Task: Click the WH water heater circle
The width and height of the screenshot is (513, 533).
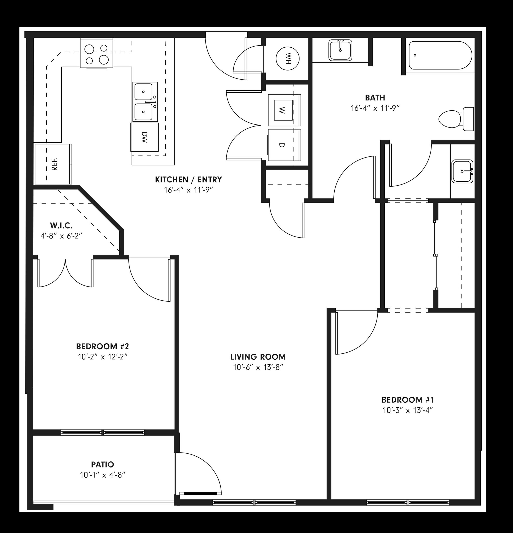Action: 287,59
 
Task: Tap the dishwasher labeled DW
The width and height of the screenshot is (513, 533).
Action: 145,137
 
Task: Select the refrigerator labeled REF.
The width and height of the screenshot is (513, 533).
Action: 54,164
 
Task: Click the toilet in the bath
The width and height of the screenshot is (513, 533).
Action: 456,119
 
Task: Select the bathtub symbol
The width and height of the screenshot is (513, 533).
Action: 440,55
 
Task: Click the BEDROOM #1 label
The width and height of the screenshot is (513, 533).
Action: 408,400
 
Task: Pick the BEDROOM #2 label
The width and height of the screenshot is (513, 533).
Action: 102,346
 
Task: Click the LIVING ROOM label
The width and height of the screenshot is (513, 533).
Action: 258,357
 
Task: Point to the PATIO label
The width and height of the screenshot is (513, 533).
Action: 102,465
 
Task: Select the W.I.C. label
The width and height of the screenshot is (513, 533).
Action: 61,225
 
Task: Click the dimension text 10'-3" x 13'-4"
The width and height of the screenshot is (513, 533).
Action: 408,410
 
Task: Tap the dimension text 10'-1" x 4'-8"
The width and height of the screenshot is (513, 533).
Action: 102,475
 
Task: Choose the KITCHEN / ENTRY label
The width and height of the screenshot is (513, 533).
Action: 188,180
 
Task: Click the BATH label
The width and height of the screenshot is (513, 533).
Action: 375,97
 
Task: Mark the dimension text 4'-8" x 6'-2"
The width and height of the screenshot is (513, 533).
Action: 61,236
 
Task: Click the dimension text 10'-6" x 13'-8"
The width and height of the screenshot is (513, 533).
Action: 258,367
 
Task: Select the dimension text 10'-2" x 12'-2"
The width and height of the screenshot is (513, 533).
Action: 103,357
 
